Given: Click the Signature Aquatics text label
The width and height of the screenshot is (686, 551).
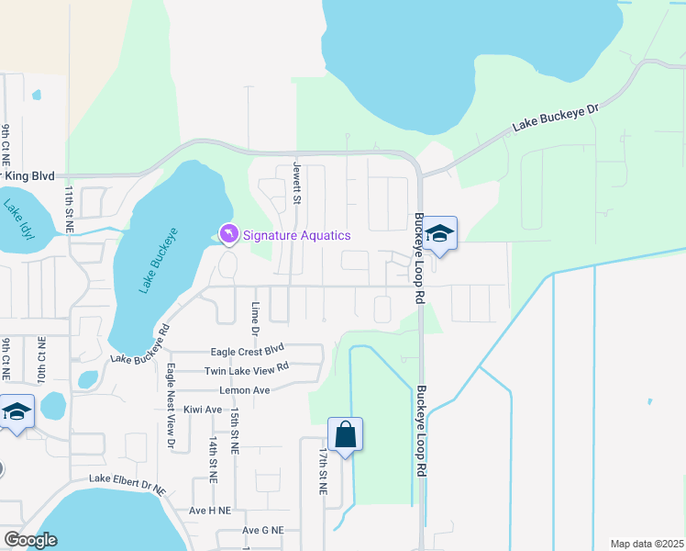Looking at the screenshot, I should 295,236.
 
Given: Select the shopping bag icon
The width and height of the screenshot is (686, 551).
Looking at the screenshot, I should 346,433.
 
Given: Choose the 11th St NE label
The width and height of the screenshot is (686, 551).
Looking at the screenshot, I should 69,208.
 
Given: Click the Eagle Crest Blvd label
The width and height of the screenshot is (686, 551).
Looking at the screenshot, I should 248,350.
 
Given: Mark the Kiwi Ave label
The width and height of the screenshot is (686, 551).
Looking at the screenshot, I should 203,410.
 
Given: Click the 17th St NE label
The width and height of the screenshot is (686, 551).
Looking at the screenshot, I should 323,472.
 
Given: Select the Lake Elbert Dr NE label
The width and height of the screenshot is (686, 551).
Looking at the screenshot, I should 127,480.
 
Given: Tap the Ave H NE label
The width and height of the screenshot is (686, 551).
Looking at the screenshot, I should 209,510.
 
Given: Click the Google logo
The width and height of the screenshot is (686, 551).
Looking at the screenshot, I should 30,539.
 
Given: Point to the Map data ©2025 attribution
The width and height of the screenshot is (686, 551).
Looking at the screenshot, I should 647,544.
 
